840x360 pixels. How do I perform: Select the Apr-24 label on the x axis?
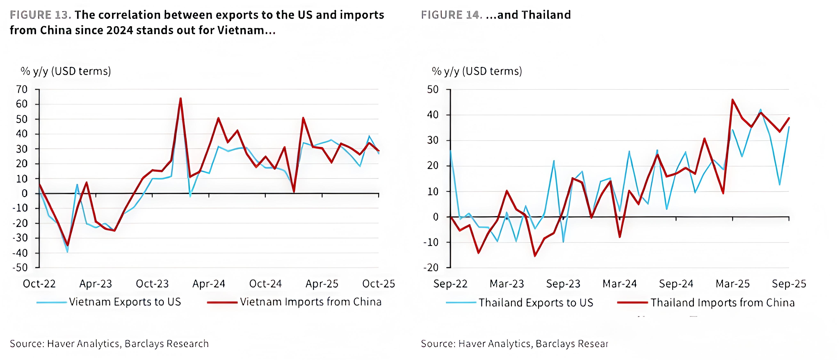209,284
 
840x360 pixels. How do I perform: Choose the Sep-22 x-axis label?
450,284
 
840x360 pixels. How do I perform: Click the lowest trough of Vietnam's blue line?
67,252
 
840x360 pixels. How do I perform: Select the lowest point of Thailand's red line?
535,256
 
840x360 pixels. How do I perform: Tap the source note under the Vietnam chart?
109,344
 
